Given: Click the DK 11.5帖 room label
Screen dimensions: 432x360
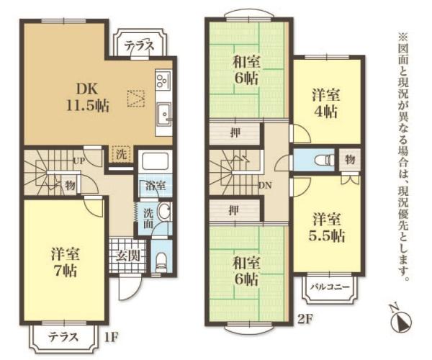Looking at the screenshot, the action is tap(87, 97).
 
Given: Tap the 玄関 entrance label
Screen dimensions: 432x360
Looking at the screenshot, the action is tap(128, 256).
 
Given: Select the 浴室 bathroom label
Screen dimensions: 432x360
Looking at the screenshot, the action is tap(156, 186).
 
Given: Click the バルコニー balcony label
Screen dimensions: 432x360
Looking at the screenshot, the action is tap(330, 287).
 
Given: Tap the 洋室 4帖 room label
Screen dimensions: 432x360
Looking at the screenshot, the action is tap(326, 103).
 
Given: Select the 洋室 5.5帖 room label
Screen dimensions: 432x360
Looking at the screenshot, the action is tap(326, 227).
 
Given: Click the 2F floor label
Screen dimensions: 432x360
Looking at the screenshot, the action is tap(305, 319).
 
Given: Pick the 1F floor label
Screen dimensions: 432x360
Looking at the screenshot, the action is tap(112, 337).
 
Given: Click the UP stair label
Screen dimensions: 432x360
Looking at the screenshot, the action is tap(79, 161).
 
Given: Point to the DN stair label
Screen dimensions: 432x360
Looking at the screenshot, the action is tap(265, 185).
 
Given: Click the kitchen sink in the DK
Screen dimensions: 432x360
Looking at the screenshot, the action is tap(163, 114).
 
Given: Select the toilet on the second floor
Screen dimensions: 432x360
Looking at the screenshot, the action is tap(325, 160).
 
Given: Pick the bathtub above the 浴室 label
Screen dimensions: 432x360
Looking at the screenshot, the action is tap(155, 163).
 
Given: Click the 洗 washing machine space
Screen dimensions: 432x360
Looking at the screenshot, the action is tap(121, 154).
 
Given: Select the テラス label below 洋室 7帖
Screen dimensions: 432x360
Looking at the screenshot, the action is tap(64, 336).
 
